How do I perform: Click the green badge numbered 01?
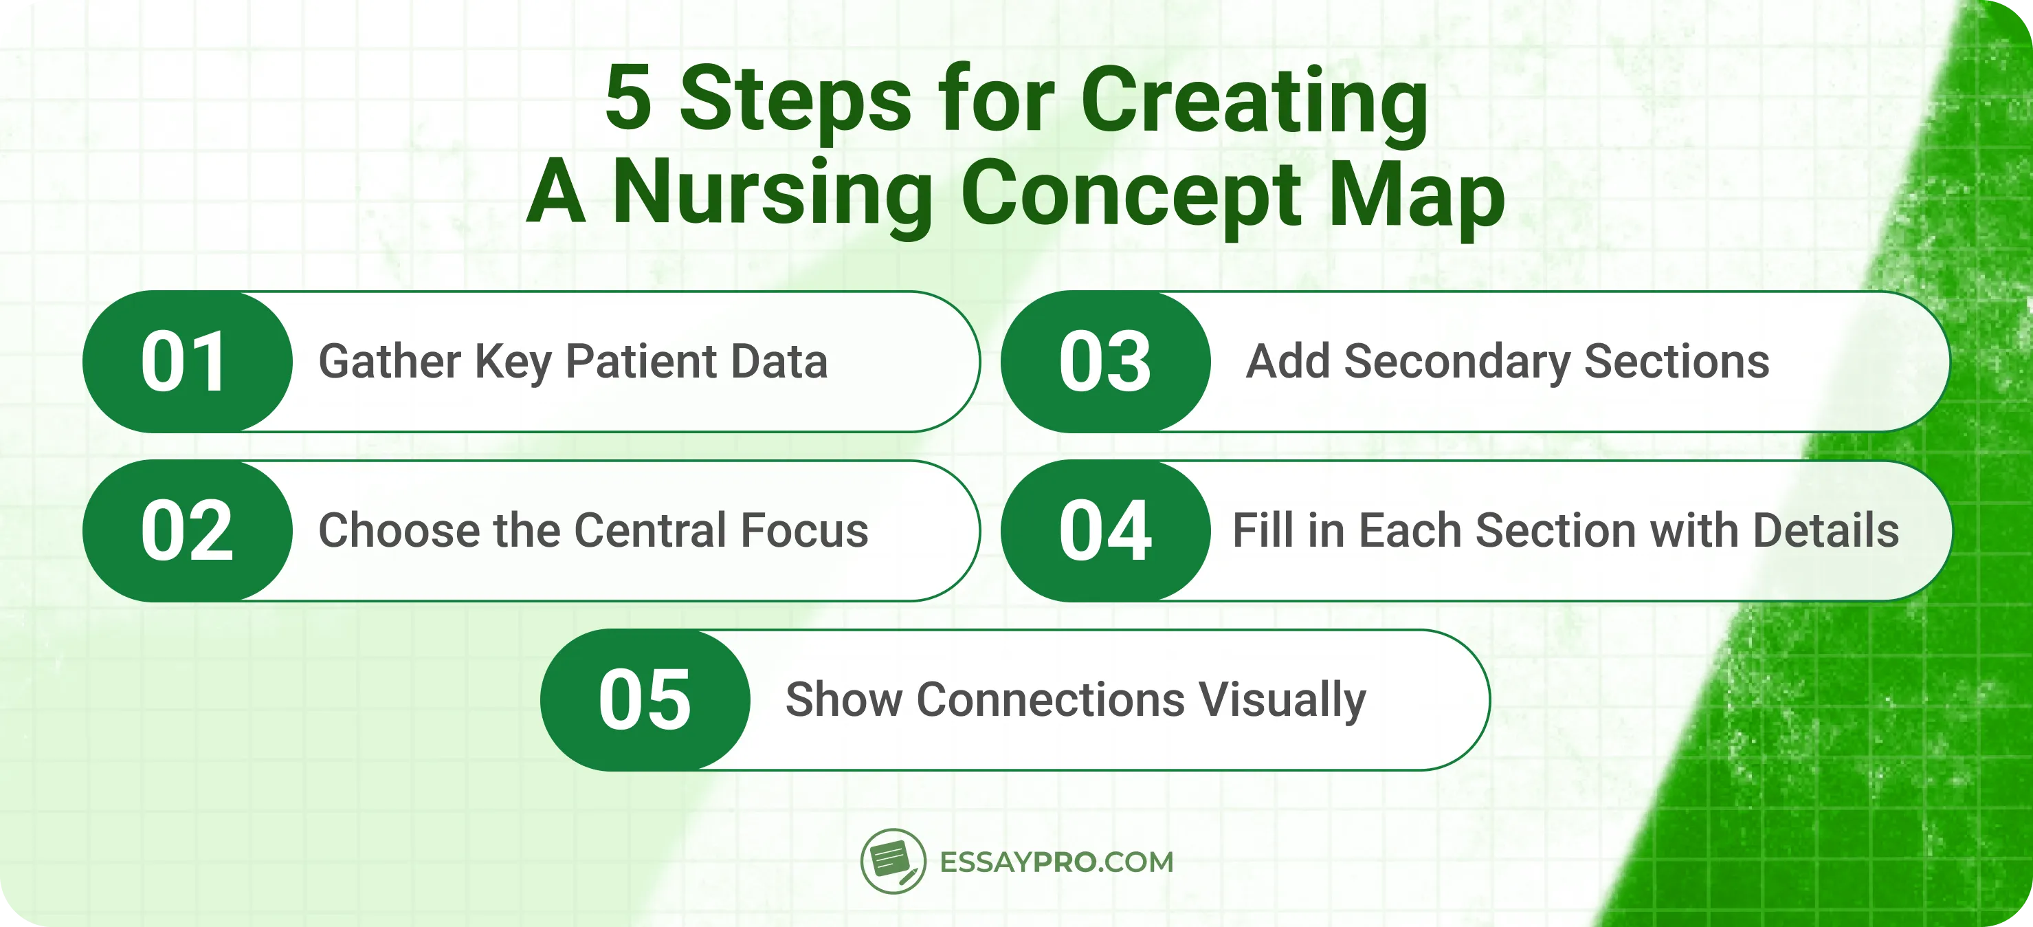186,362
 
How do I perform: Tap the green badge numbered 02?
186,531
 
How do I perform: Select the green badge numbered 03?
1105,362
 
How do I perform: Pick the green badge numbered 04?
1105,531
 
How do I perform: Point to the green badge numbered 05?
645,699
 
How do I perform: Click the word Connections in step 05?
1050,699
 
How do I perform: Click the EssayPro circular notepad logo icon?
893,861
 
